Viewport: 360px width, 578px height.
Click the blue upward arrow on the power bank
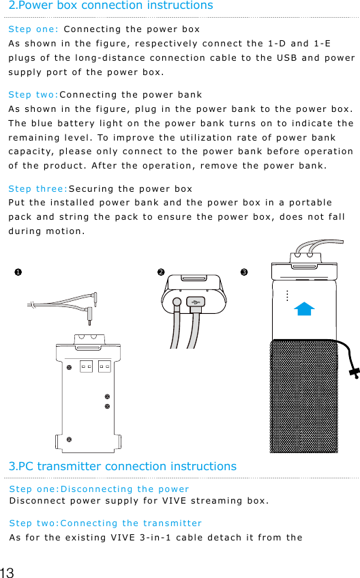click(x=305, y=308)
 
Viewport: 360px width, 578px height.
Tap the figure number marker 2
click(x=160, y=272)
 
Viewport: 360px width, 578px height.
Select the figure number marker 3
click(x=243, y=273)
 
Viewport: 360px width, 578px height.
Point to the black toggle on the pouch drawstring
click(x=353, y=373)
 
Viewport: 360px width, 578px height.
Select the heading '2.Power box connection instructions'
click(x=110, y=6)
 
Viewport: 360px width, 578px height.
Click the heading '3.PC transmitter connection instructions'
click(x=123, y=467)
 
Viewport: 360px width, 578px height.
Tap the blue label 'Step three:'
click(x=37, y=188)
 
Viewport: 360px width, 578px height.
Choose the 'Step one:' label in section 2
click(x=33, y=30)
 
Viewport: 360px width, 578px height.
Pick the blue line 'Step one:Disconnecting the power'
click(x=99, y=489)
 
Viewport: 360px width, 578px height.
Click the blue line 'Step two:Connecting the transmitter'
click(x=105, y=523)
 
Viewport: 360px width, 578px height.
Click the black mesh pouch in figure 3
click(x=303, y=396)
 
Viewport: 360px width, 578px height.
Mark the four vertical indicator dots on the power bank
click(x=287, y=295)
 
